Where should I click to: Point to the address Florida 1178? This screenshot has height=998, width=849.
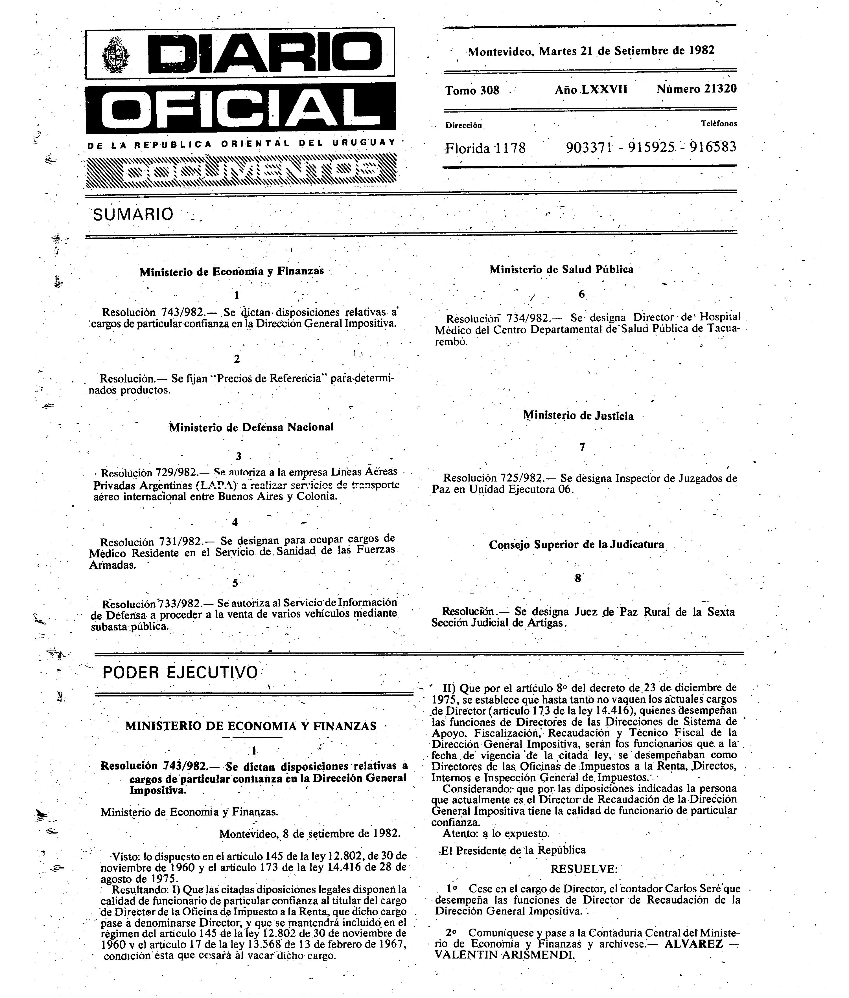485,148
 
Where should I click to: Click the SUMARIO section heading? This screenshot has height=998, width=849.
133,214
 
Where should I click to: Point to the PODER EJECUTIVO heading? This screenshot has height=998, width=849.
180,672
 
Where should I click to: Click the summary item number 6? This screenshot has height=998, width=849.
581,294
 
